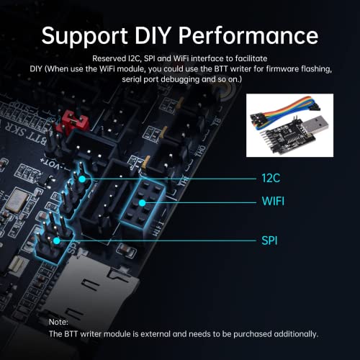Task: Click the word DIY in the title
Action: [163, 35]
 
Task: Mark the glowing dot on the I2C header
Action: [84, 178]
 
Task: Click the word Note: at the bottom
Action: [59, 321]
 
